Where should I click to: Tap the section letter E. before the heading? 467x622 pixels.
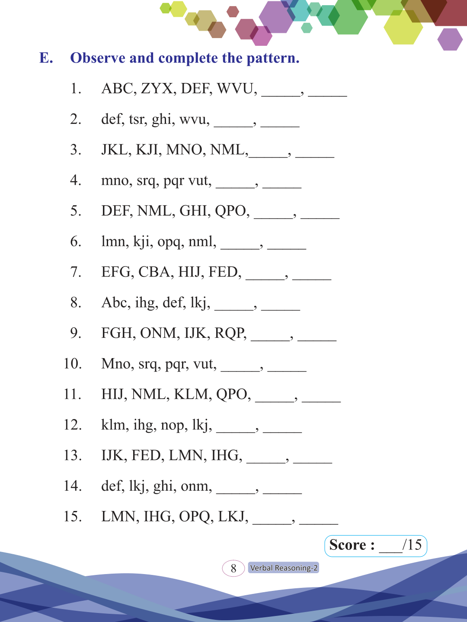tap(46, 58)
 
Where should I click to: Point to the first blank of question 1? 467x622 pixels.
tap(281, 92)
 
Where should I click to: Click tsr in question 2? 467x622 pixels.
tap(137, 119)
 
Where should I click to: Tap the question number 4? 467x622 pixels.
tap(76, 180)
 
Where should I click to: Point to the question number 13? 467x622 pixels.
tap(73, 455)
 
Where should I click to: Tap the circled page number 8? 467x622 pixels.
tap(233, 568)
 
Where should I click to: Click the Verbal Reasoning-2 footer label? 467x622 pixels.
tap(284, 568)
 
